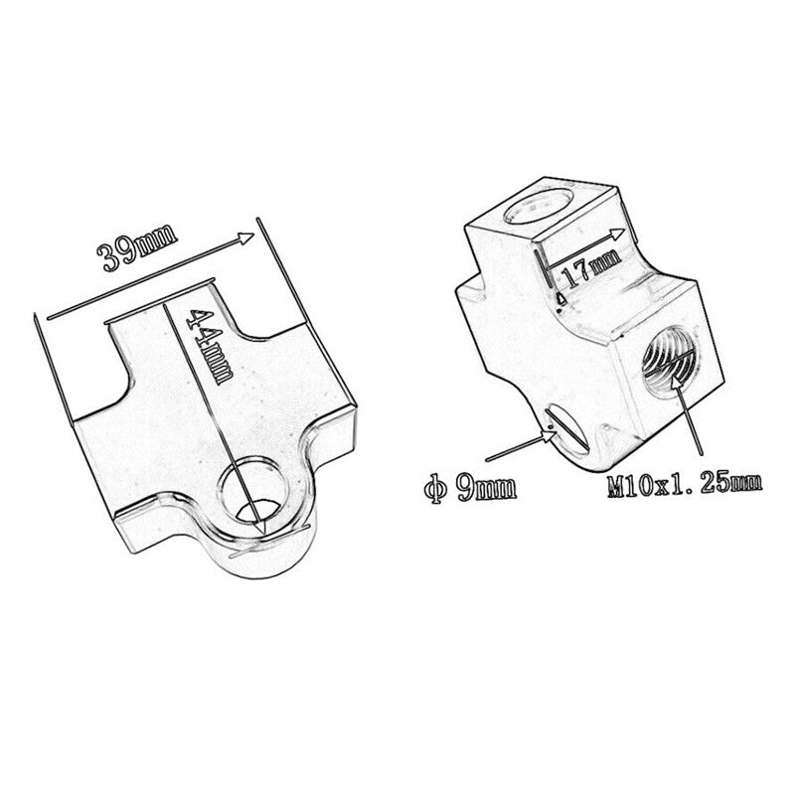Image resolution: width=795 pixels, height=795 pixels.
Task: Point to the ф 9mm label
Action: (470, 489)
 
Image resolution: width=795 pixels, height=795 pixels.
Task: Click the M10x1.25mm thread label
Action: (685, 484)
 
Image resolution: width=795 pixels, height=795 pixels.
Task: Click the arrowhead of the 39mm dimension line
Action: (245, 238)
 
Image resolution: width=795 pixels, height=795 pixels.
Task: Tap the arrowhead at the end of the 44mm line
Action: (260, 525)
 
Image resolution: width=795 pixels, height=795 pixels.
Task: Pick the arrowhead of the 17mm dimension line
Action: (618, 234)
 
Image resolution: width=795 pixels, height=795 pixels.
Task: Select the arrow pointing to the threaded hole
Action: (689, 415)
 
